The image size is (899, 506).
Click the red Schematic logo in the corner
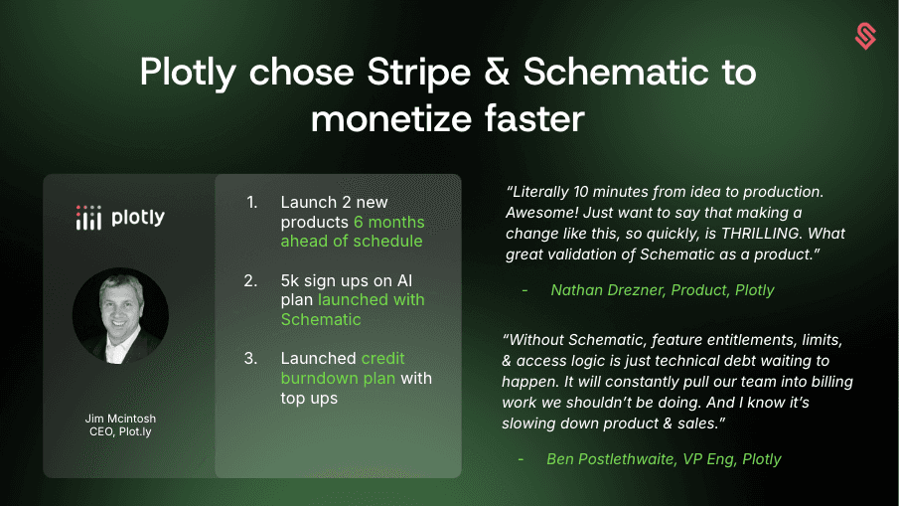point(865,36)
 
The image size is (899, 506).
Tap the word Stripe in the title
point(418,73)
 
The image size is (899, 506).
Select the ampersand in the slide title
point(497,72)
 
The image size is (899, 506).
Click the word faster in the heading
point(534,118)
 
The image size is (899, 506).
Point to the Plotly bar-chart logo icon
point(88,218)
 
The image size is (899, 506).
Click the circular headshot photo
point(120,316)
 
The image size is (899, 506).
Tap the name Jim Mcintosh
point(120,419)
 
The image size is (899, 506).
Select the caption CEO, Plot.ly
point(120,431)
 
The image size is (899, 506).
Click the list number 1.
point(251,202)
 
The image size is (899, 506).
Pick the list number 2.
point(250,280)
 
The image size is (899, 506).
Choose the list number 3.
point(250,359)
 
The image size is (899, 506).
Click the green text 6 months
point(389,222)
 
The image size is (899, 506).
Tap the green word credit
point(383,359)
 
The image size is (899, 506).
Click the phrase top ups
point(309,399)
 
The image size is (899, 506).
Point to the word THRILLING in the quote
point(760,234)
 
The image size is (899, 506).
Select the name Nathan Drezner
point(608,290)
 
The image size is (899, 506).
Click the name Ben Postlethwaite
point(611,459)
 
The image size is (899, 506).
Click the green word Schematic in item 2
point(321,319)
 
